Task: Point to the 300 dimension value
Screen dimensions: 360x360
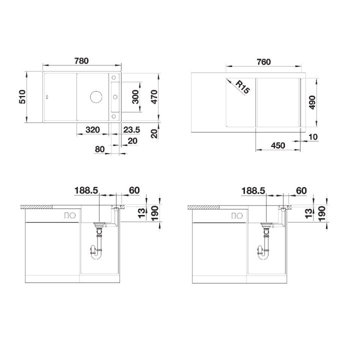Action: [x=135, y=97]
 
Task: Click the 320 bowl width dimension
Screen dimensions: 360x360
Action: [x=92, y=129]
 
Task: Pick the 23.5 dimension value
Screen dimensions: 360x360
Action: [x=131, y=129]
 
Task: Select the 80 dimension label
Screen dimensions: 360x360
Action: [x=99, y=149]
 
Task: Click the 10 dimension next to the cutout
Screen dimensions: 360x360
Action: [x=313, y=136]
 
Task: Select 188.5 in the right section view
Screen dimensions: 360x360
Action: [x=253, y=190]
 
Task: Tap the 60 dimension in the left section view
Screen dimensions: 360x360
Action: [x=134, y=190]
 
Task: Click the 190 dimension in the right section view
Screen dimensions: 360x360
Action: [x=321, y=212]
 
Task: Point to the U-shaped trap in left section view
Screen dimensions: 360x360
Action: [x=98, y=252]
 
